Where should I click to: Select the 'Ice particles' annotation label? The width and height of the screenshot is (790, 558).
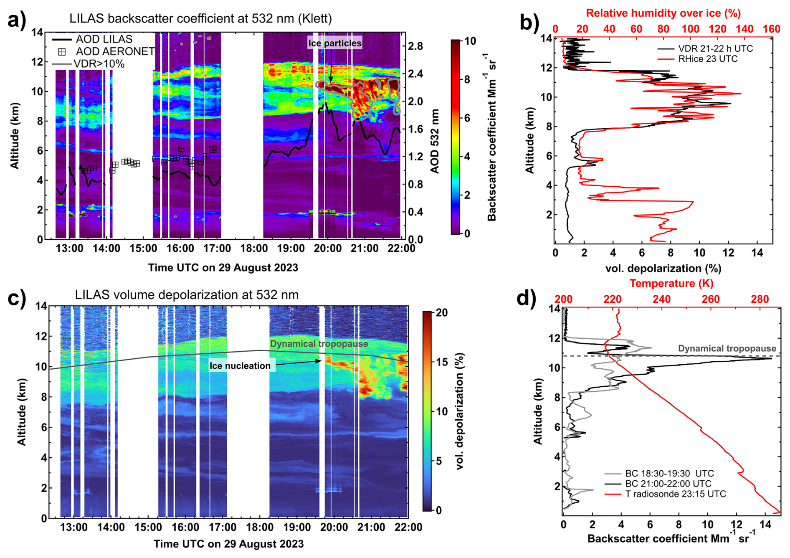click(335, 43)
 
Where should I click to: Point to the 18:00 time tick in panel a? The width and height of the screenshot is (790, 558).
click(254, 249)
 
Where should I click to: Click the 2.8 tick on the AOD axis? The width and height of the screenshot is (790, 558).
click(415, 46)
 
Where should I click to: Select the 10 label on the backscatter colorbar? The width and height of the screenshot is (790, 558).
click(470, 41)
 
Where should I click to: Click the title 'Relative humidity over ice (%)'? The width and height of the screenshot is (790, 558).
click(663, 13)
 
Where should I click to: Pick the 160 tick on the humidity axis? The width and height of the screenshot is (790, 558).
click(771, 29)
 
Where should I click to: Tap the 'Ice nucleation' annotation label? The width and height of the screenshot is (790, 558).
click(240, 366)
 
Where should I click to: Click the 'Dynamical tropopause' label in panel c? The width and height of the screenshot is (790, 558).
click(319, 344)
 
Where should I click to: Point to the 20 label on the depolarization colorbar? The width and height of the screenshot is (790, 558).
click(442, 313)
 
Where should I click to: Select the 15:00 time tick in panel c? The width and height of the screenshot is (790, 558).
click(148, 527)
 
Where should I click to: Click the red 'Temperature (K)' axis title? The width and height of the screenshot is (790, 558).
click(671, 284)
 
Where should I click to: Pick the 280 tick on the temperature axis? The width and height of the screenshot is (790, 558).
click(760, 299)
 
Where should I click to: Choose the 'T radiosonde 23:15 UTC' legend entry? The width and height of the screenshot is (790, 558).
click(676, 494)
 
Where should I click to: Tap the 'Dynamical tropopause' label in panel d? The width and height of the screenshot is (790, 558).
click(727, 348)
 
